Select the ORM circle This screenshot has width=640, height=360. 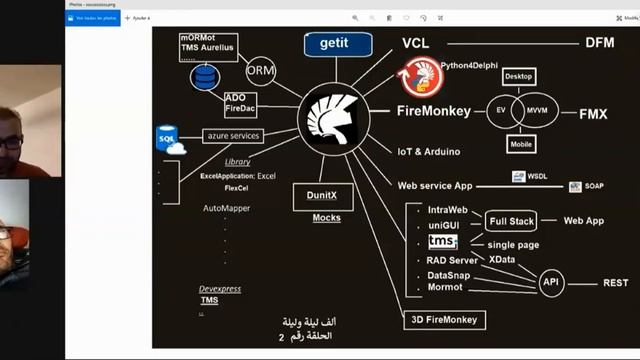261,70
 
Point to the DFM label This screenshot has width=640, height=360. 600,43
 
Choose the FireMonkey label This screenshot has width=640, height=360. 433,111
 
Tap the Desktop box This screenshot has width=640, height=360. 519,76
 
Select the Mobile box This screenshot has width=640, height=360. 520,144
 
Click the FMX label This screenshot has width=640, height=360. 593,114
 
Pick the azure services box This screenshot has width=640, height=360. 233,136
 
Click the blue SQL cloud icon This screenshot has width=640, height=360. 170,139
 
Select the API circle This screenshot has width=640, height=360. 551,283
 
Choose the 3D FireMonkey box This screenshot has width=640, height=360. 444,320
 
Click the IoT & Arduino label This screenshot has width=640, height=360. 429,151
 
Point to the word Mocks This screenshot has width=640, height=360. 326,217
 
